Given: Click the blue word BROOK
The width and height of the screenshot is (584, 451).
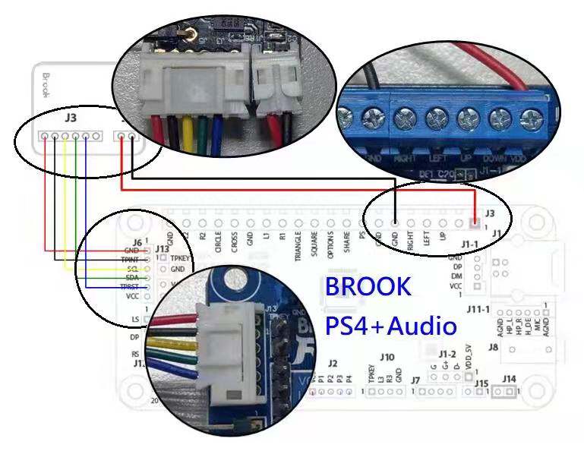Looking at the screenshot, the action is tap(368, 287).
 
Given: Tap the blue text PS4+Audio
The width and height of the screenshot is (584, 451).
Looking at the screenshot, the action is tap(391, 326).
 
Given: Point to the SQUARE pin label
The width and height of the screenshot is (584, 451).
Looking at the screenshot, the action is tap(314, 244).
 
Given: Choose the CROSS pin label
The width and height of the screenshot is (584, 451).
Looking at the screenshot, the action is tap(235, 242).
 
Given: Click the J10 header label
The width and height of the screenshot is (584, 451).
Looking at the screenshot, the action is tap(387, 356).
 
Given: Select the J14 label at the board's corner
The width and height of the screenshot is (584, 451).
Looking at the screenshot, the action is tap(508, 379).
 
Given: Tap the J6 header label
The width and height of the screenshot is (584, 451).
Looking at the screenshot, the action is tap(137, 241).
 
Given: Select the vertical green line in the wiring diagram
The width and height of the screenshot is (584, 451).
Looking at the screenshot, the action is tap(75, 205).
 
